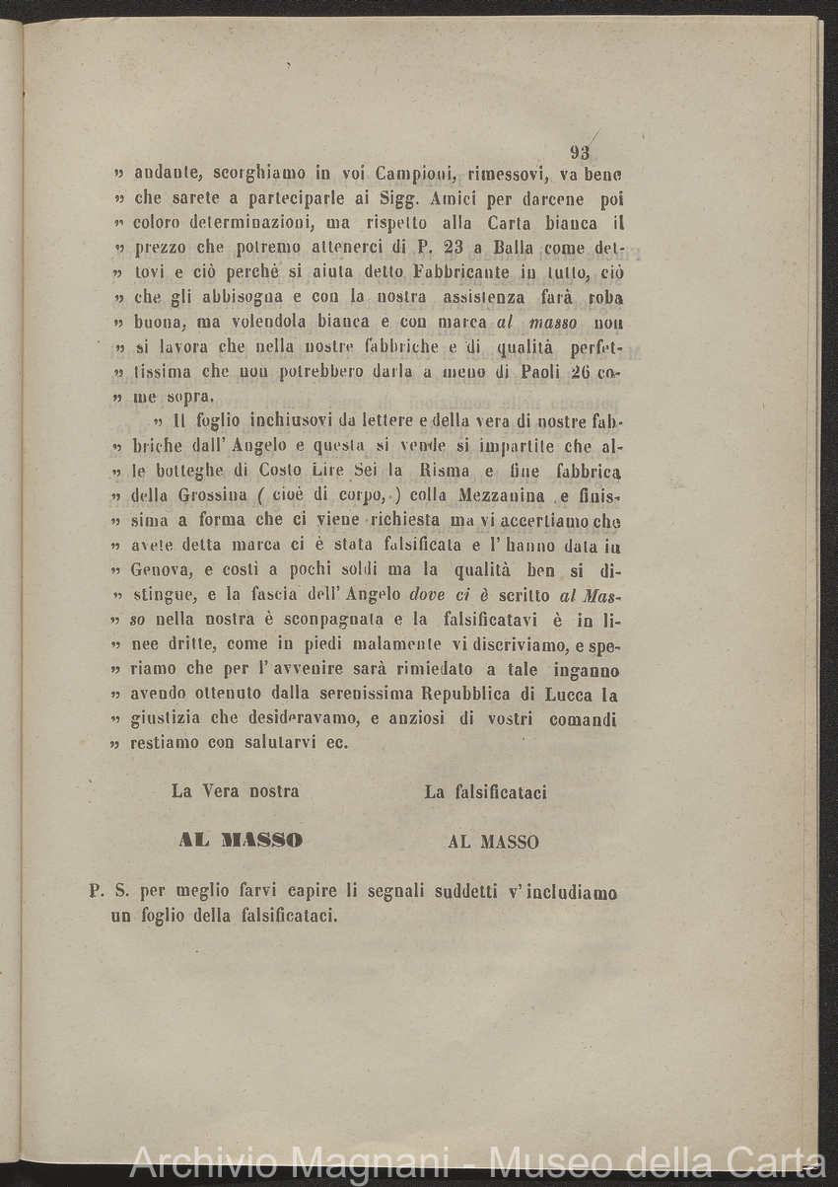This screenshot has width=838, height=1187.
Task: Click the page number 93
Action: [580, 153]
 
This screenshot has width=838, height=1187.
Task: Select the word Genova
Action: [162, 570]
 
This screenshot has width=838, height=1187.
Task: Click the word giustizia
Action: [169, 718]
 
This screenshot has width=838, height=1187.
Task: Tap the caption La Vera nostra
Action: [236, 791]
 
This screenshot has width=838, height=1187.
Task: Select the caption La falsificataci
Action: [485, 791]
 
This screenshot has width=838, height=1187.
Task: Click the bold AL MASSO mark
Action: [241, 841]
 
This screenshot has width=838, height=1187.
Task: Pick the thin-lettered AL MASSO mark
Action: [493, 842]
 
